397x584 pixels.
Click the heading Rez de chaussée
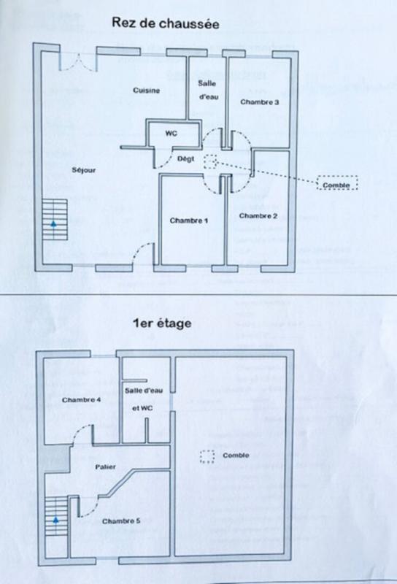[x=166, y=23]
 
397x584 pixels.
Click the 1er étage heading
[x=162, y=323]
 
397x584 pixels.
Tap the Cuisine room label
[x=147, y=90]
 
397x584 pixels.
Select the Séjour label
[x=84, y=170]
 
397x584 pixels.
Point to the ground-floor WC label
[x=171, y=134]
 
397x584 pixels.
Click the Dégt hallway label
[x=185, y=159]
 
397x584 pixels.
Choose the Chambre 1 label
[x=188, y=220]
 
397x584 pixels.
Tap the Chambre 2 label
[x=258, y=215]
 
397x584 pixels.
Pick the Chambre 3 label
[x=260, y=101]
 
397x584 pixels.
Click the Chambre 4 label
[x=82, y=399]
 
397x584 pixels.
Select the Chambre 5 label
[x=121, y=520]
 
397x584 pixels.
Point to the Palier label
[x=105, y=466]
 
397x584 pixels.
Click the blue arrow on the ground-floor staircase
[x=54, y=223]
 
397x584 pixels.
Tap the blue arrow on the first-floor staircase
[x=55, y=520]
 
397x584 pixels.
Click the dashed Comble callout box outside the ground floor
[x=337, y=183]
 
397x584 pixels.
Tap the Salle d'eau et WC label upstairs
[x=143, y=399]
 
